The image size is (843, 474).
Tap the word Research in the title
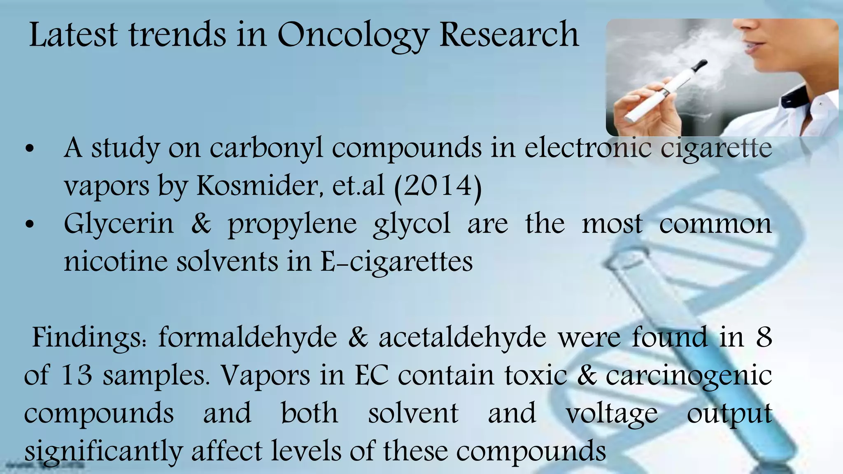pyautogui.click(x=509, y=35)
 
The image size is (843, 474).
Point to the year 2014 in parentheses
pyautogui.click(x=438, y=186)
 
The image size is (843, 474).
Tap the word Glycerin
pyautogui.click(x=119, y=224)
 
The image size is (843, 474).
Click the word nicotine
pyautogui.click(x=116, y=262)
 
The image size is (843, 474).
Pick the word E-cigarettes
pyautogui.click(x=396, y=262)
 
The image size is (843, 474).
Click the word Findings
pyautogui.click(x=89, y=338)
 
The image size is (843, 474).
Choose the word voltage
pyautogui.click(x=612, y=414)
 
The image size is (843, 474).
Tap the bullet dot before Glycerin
pyautogui.click(x=29, y=225)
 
